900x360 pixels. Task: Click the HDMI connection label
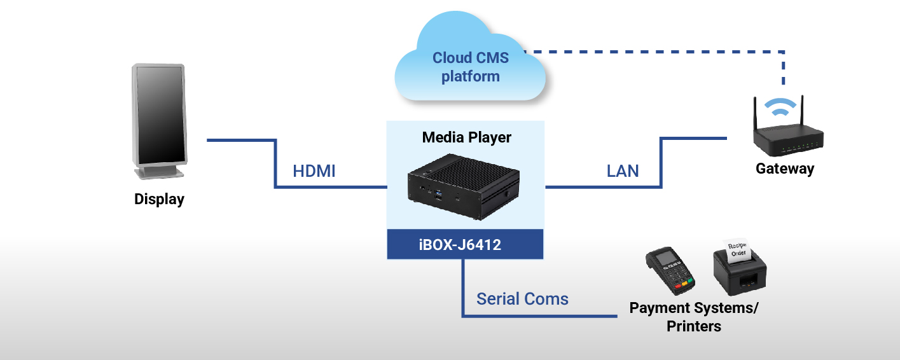(314, 171)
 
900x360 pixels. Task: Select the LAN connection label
(623, 171)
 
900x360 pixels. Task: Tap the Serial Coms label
(522, 299)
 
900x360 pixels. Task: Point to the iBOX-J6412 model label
(465, 244)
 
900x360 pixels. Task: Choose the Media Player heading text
(466, 137)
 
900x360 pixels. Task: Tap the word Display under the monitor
(159, 199)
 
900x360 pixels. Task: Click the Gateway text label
(785, 169)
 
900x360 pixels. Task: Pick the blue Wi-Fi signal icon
(779, 109)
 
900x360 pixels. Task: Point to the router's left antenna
(755, 114)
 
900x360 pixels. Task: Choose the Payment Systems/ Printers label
(694, 317)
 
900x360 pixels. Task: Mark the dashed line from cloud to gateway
(661, 50)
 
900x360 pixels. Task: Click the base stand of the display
(159, 172)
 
